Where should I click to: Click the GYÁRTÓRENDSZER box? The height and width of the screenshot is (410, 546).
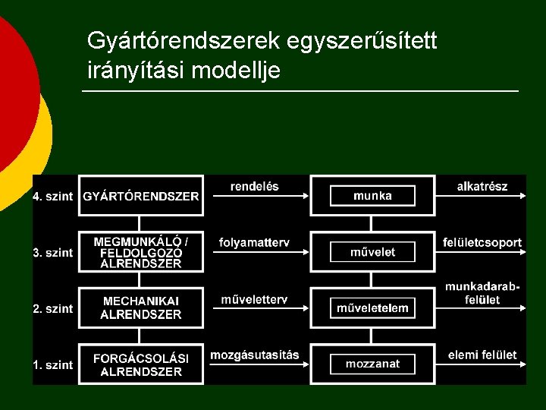pyautogui.click(x=141, y=196)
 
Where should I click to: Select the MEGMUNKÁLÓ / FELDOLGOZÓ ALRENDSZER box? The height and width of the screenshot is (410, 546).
pyautogui.click(x=141, y=252)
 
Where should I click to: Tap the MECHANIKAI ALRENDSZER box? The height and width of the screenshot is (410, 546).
pyautogui.click(x=141, y=308)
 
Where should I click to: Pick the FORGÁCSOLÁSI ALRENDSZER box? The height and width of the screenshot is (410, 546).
pyautogui.click(x=141, y=364)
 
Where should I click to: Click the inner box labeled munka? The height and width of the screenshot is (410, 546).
pyautogui.click(x=372, y=196)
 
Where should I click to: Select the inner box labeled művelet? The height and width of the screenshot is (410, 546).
pyautogui.click(x=372, y=252)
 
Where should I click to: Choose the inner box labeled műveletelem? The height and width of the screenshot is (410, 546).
pyautogui.click(x=372, y=308)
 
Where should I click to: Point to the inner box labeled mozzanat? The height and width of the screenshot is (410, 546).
pyautogui.click(x=372, y=364)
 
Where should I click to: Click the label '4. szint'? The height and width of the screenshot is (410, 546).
pyautogui.click(x=53, y=197)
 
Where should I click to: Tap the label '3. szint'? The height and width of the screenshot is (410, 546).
pyautogui.click(x=53, y=253)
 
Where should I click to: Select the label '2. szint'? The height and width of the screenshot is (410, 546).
pyautogui.click(x=53, y=309)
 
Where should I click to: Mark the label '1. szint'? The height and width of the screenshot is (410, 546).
pyautogui.click(x=53, y=365)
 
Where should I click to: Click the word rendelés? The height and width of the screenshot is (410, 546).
pyautogui.click(x=254, y=186)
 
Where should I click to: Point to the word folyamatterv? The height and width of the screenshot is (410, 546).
pyautogui.click(x=254, y=243)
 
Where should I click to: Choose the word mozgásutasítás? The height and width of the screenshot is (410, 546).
pyautogui.click(x=255, y=355)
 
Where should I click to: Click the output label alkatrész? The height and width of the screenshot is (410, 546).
pyautogui.click(x=482, y=186)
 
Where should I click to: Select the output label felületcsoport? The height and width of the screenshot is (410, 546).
pyautogui.click(x=482, y=243)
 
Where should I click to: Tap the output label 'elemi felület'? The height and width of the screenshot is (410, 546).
pyautogui.click(x=482, y=355)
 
